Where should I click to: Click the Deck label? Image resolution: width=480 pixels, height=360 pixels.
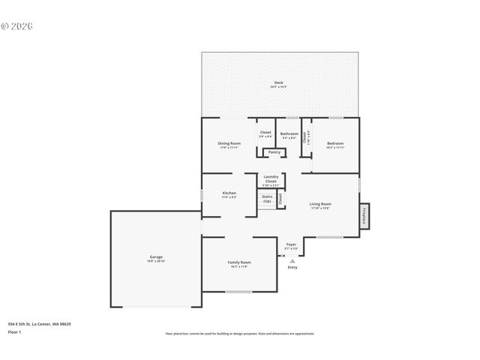coord(278,84)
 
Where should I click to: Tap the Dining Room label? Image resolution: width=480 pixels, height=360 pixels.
coord(229,144)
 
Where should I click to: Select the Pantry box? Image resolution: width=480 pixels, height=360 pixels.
coord(274,152)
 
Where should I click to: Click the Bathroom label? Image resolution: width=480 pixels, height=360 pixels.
coord(289,135)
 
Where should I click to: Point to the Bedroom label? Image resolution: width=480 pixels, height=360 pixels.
coord(334,144)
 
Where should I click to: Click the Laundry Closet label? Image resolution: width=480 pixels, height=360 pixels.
coord(271,180)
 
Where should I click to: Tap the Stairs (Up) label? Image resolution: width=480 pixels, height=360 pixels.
coord(267,199)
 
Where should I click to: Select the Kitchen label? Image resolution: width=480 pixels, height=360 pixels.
coord(229,194)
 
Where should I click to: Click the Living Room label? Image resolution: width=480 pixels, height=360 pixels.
coord(320,205)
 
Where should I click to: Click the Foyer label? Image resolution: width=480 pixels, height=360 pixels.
coord(291,245)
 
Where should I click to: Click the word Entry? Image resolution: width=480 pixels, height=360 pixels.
coord(292,267)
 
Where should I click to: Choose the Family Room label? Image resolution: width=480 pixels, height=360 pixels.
coord(239,263)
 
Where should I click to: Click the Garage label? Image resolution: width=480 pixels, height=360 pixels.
coord(155,258)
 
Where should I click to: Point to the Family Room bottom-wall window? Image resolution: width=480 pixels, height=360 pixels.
coord(239,291)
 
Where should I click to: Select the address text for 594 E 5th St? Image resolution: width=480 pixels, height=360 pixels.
coord(40,324)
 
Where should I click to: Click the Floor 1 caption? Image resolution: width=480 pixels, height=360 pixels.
coord(14,331)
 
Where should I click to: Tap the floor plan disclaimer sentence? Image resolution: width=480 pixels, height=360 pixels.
coord(239,333)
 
